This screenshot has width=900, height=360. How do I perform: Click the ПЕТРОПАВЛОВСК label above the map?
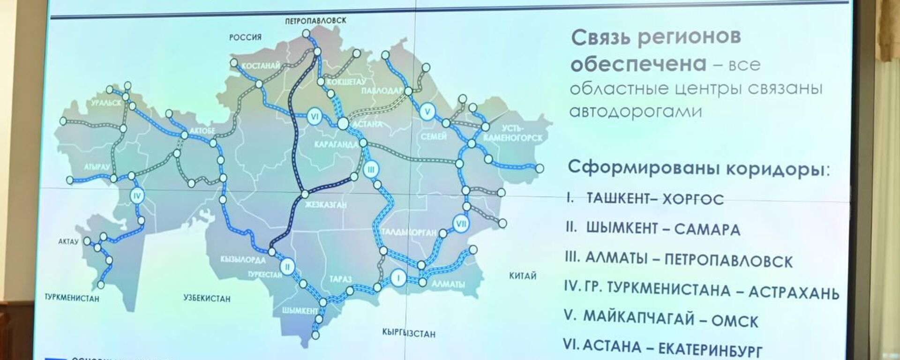(x=315, y=21)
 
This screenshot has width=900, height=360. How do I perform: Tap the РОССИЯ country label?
(x=245, y=37)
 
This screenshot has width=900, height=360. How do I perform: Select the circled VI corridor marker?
(x=315, y=117)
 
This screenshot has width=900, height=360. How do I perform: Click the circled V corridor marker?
(x=427, y=112)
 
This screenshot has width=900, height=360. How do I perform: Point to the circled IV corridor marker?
(x=137, y=196)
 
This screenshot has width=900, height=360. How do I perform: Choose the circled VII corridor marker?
(x=461, y=224)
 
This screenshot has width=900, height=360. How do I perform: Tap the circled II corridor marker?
(x=287, y=268)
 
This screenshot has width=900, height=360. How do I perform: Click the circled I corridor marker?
(x=398, y=277)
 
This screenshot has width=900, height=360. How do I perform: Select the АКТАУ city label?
(x=68, y=242)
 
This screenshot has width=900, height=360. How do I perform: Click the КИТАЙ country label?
(x=522, y=276)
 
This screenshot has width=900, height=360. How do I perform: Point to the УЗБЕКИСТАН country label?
(x=207, y=299)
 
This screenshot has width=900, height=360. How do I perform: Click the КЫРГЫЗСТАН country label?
(x=409, y=334)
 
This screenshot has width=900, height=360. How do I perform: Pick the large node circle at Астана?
(x=343, y=124)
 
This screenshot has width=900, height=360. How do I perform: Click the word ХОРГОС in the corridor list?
(x=693, y=199)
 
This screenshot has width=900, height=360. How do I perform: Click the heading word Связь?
(x=601, y=37)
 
